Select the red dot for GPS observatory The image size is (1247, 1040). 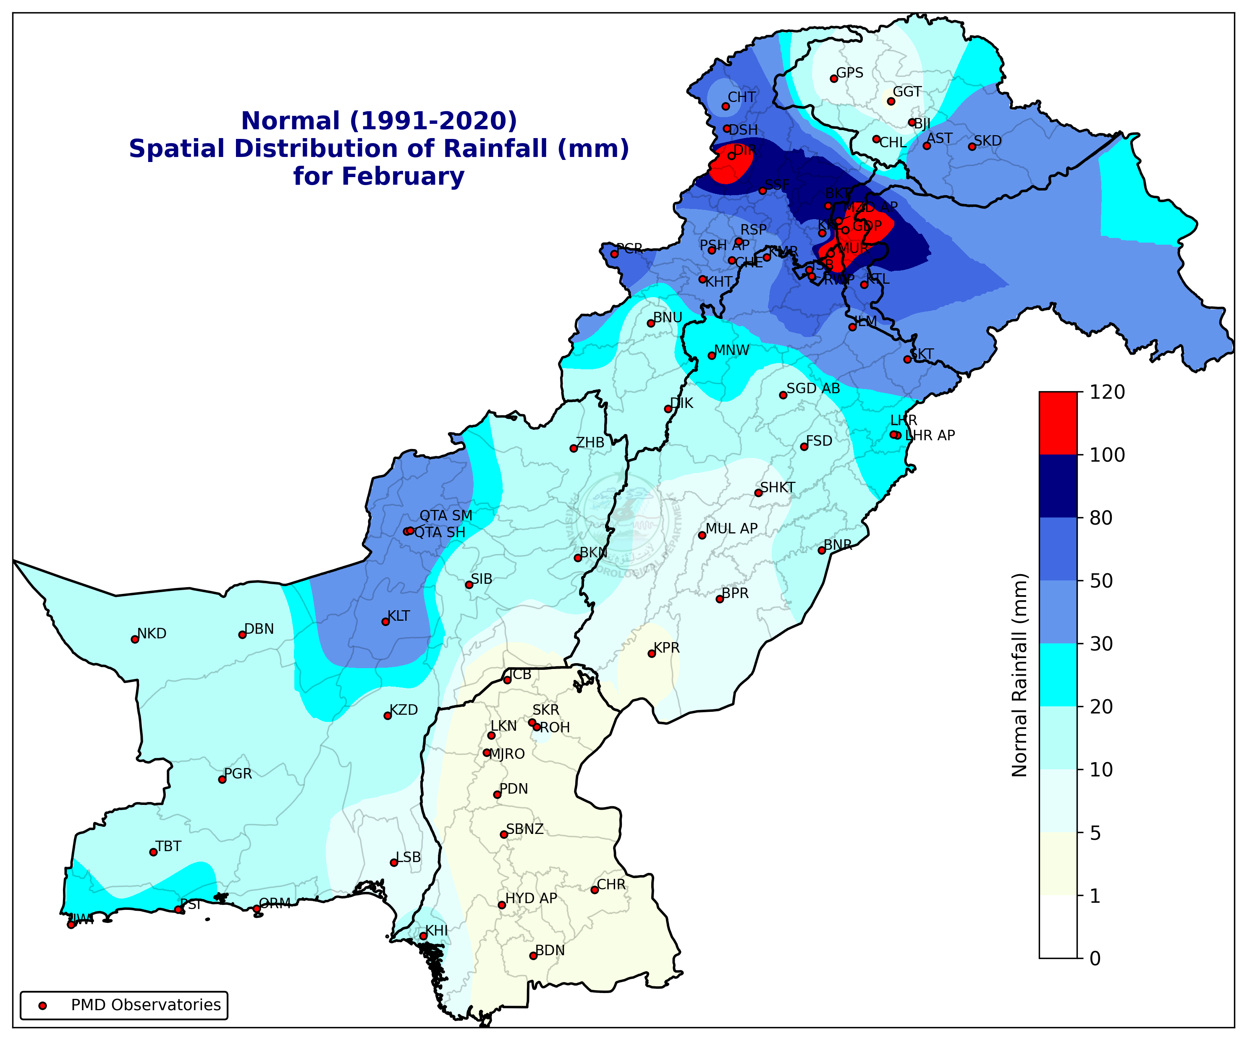pyautogui.click(x=834, y=78)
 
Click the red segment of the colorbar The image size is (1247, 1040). pyautogui.click(x=1058, y=423)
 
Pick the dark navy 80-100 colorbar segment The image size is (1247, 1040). pyautogui.click(x=1058, y=486)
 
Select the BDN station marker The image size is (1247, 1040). pyautogui.click(x=533, y=956)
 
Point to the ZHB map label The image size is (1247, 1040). pyautogui.click(x=590, y=442)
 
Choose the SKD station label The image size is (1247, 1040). pyautogui.click(x=988, y=141)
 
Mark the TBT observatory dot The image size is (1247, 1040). pyautogui.click(x=153, y=852)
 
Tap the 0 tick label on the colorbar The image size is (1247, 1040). pyautogui.click(x=1095, y=959)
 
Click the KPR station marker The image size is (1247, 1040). pyautogui.click(x=651, y=653)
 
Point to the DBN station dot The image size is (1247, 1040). pyautogui.click(x=242, y=635)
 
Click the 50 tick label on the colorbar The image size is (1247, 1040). pyautogui.click(x=1101, y=580)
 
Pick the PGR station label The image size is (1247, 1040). pyautogui.click(x=238, y=773)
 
